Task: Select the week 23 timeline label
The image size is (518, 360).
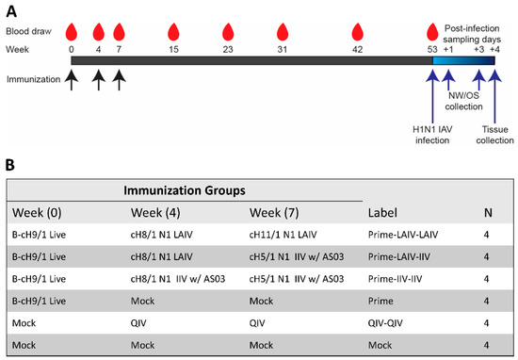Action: click(227, 48)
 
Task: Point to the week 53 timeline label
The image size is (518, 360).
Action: click(432, 48)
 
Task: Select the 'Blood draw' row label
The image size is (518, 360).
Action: click(28, 30)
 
